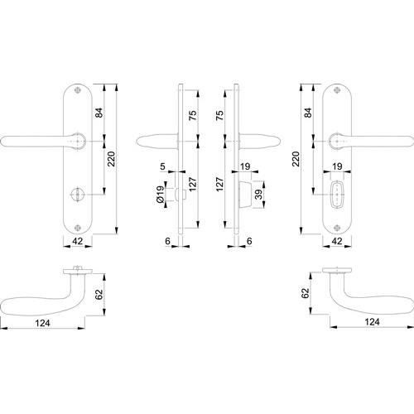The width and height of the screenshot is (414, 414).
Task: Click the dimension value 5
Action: pos(162,166)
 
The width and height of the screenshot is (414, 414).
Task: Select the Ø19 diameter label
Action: pos(160,195)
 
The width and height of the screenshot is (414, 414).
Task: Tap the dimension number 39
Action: pos(258,195)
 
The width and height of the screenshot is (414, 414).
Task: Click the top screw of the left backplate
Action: pos(78,90)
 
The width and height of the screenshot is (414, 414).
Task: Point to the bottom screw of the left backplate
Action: pos(78,228)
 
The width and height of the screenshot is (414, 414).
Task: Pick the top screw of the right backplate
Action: pos(337,90)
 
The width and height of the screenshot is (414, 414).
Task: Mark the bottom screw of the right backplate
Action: pos(337,228)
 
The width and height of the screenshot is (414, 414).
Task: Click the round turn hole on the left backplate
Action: pos(78,195)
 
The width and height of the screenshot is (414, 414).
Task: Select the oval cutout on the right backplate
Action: pos(337,195)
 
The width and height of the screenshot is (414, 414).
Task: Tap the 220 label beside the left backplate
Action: pos(111,159)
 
